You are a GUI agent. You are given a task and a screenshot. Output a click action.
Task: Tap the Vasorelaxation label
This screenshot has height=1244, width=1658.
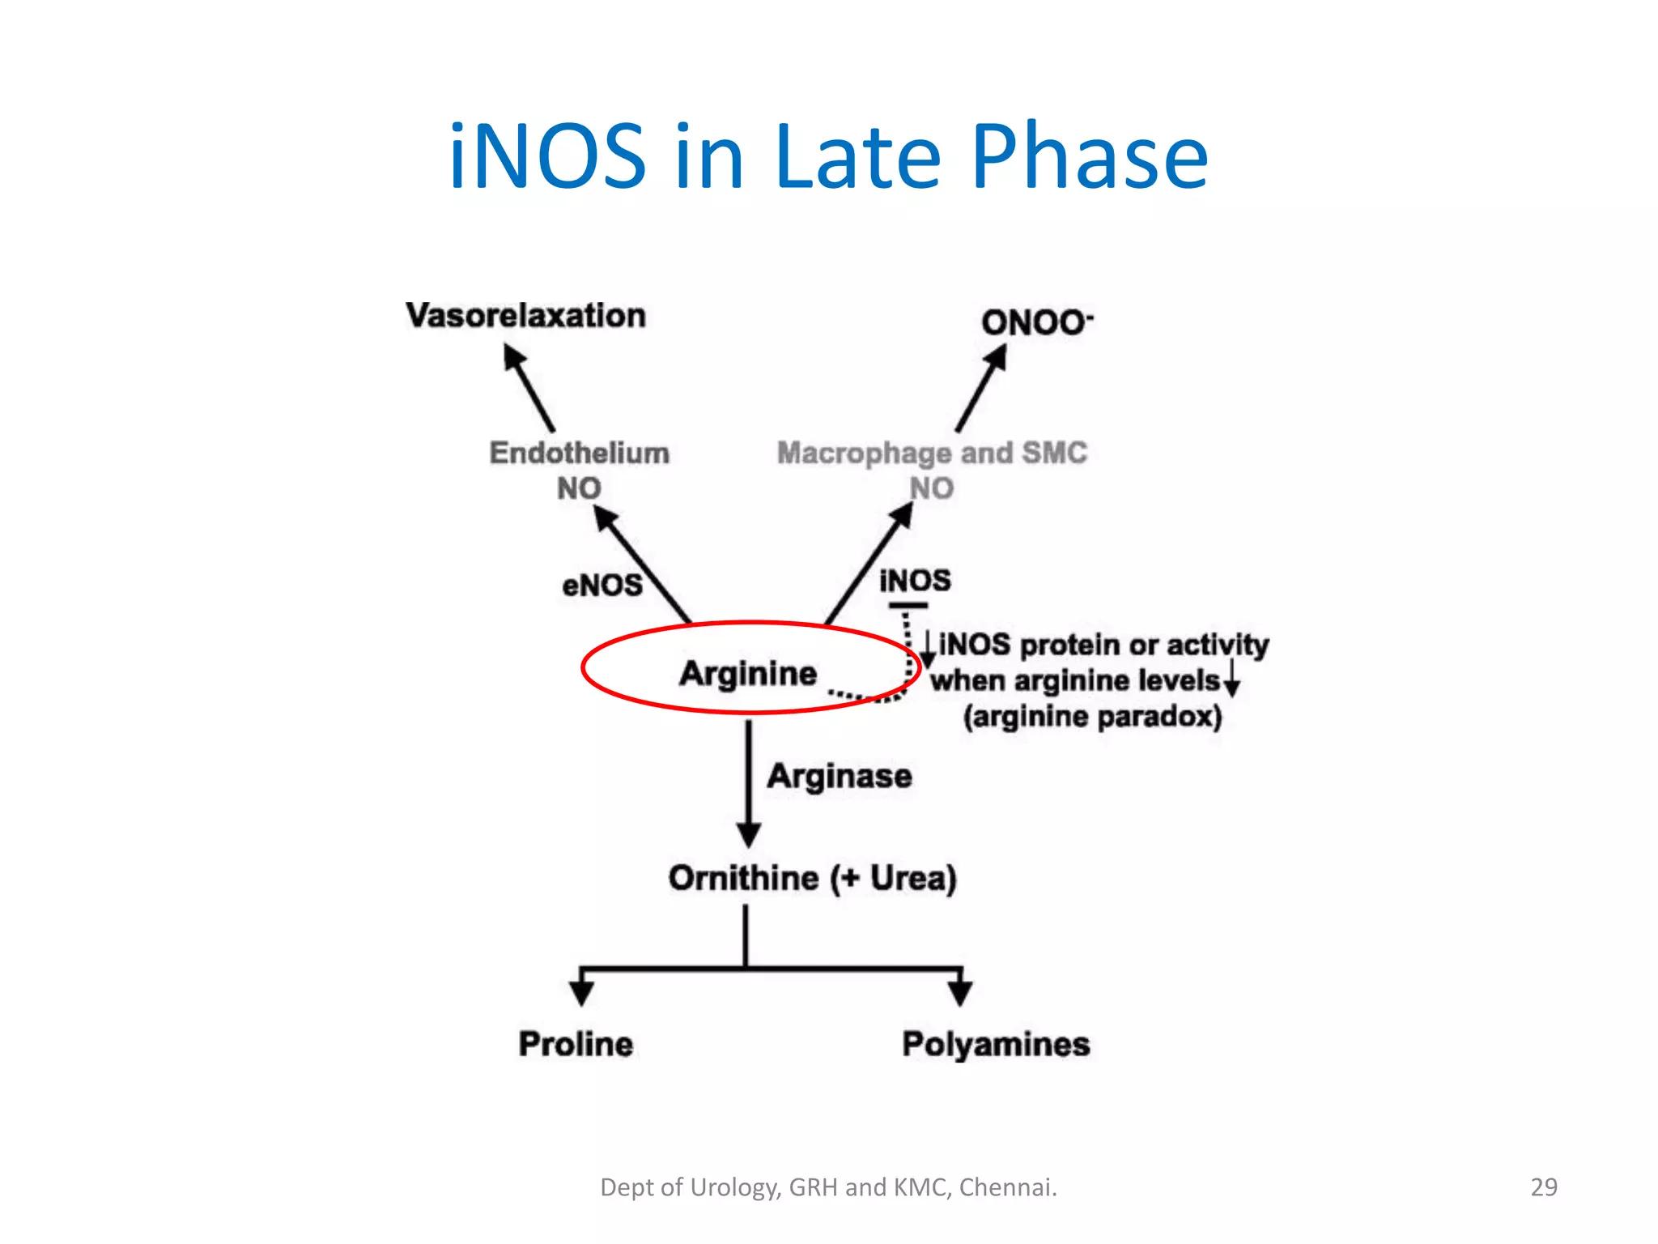point(525,316)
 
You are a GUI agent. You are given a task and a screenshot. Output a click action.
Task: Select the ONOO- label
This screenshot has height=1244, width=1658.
point(1035,322)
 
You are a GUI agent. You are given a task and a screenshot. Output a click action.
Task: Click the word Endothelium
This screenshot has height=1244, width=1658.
point(579,453)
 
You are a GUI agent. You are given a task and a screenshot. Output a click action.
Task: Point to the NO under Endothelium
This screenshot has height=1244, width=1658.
point(579,488)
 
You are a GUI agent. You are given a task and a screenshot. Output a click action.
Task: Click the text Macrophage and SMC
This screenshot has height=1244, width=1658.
point(932,453)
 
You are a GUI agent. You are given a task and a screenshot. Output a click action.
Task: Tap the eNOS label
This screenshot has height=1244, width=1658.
point(602,585)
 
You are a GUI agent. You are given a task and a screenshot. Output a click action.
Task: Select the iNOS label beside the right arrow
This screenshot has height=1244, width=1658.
point(915,580)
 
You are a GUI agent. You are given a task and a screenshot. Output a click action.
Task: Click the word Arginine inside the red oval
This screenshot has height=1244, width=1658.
point(748,674)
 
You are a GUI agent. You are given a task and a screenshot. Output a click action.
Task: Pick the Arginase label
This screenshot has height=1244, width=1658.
point(840,776)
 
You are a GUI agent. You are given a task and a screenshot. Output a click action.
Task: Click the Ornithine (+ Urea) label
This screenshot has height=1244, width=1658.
point(812,878)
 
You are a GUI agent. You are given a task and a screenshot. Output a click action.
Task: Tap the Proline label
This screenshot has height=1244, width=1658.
point(576,1044)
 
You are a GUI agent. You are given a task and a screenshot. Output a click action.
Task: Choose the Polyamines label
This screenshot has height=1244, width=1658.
point(996,1044)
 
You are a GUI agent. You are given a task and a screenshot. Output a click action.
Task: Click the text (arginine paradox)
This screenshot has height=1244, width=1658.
point(1092,716)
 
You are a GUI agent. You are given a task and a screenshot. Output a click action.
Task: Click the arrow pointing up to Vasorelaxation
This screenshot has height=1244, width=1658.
point(529,389)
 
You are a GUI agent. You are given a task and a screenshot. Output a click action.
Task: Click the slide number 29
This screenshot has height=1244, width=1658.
point(1543,1187)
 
